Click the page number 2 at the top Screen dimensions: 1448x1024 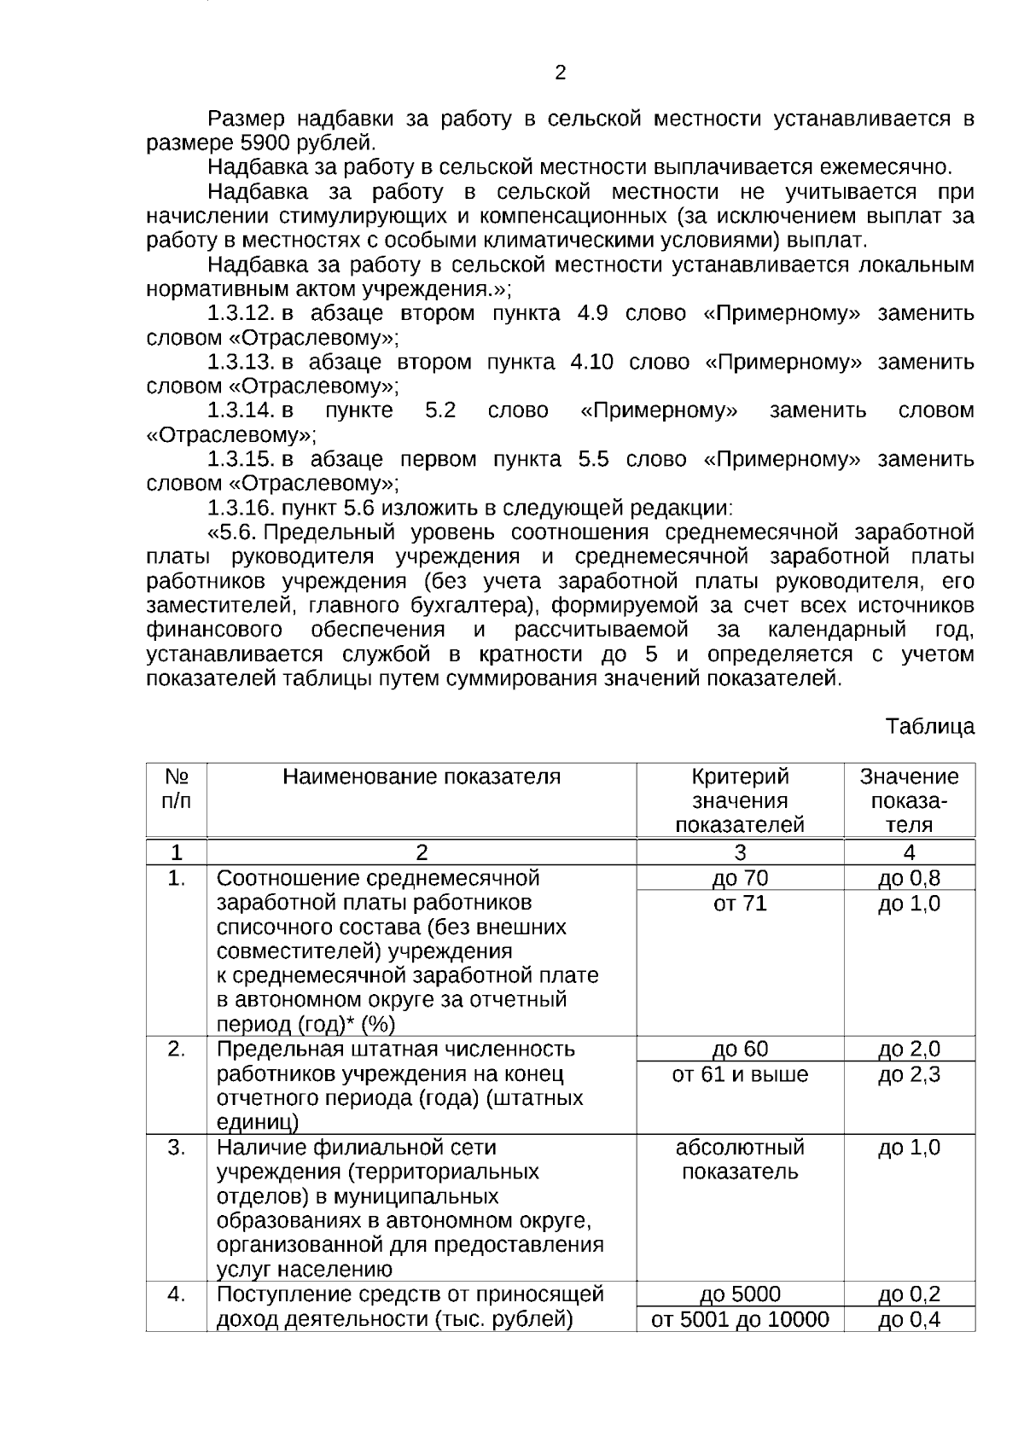click(560, 73)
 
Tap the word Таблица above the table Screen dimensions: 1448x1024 click(929, 727)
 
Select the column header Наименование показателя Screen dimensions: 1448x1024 click(422, 777)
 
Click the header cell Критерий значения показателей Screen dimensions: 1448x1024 click(740, 801)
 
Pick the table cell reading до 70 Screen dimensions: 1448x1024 click(740, 878)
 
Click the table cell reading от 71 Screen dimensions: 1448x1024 click(740, 903)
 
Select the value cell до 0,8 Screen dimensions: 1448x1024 click(909, 878)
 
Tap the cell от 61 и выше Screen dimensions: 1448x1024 click(740, 1074)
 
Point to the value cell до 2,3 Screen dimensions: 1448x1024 click(909, 1074)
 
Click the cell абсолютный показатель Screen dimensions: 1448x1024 click(740, 1160)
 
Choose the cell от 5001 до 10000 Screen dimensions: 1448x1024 click(740, 1320)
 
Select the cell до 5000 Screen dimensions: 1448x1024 click(740, 1294)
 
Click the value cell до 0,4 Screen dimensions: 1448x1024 click(909, 1320)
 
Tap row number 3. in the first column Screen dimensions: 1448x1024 click(176, 1148)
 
